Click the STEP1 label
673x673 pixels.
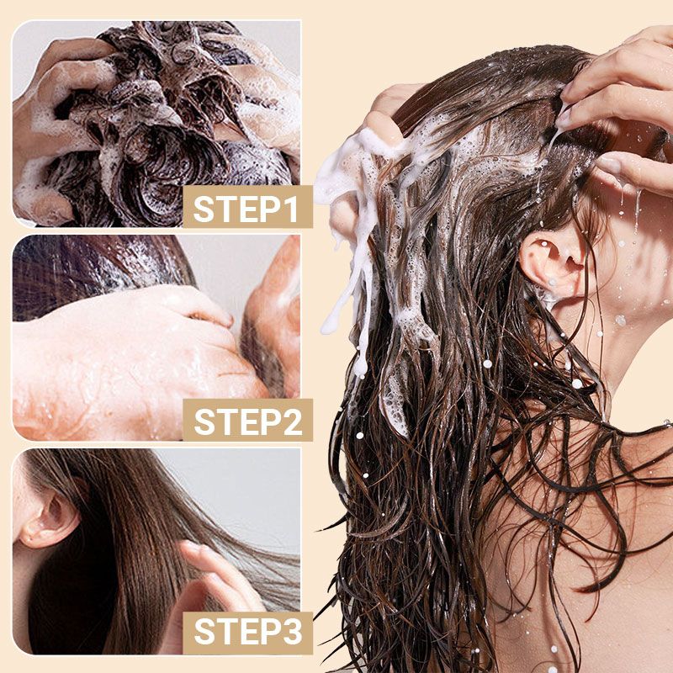tap(247, 207)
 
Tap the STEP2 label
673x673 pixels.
tap(247, 421)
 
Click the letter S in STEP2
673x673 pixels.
tap(204, 421)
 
